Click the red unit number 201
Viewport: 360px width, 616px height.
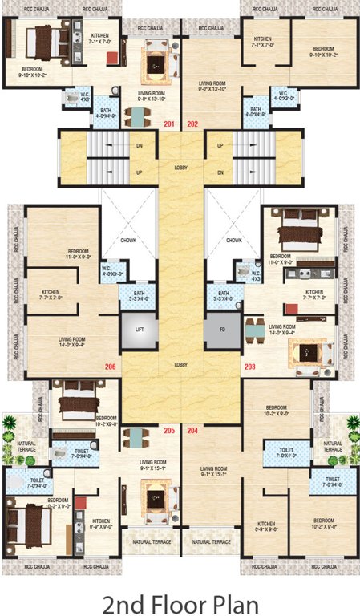tap(168, 124)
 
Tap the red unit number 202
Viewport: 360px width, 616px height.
tap(192, 124)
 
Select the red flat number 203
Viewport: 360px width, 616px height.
tap(250, 367)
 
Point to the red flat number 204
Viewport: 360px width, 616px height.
tap(192, 431)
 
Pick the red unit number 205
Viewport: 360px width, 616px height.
tap(169, 431)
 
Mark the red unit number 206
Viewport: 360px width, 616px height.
tap(110, 367)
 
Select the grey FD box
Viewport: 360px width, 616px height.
tap(222, 329)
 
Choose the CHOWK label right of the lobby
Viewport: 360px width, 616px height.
tap(233, 240)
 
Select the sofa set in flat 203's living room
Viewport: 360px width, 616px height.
tap(304, 351)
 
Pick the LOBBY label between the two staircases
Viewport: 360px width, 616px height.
tap(180, 166)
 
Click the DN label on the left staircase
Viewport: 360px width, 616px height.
tap(140, 145)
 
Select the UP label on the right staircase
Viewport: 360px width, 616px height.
tap(219, 145)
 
